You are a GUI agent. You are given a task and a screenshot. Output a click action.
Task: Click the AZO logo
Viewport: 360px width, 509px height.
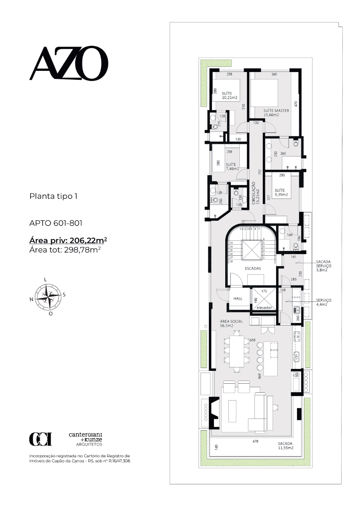tap(69, 63)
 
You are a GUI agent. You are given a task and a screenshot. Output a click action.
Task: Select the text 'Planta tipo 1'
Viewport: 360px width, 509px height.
tap(53, 196)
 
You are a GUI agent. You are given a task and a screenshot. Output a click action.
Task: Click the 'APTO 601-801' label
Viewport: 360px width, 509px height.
tap(56, 223)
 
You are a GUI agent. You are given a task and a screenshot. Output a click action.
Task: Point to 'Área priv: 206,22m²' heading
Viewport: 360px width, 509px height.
tap(68, 240)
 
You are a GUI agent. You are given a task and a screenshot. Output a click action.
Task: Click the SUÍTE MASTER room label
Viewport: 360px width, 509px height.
tap(276, 113)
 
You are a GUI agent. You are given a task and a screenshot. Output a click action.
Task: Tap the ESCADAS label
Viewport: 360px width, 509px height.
tap(253, 268)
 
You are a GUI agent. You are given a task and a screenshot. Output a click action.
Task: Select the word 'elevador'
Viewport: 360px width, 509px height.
tap(264, 308)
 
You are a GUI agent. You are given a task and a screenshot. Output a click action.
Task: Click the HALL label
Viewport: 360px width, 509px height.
tap(238, 299)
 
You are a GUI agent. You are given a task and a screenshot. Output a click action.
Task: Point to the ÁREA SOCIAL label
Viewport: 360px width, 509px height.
tap(232, 323)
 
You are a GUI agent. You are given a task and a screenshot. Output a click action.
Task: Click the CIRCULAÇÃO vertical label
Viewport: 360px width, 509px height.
tap(255, 193)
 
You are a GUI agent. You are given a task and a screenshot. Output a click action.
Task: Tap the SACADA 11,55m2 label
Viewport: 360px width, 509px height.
tap(286, 446)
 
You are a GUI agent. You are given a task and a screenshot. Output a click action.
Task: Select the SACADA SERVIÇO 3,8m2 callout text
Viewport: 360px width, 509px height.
tap(324, 266)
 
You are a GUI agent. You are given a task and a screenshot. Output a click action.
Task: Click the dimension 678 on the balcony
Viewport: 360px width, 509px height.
tap(255, 441)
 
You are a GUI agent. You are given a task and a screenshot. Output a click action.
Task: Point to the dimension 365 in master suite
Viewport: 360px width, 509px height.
tap(274, 74)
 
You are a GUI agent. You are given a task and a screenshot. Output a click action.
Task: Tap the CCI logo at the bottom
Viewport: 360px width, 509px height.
tap(40, 439)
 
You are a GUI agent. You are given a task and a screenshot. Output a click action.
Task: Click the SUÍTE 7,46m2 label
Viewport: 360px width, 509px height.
tap(232, 166)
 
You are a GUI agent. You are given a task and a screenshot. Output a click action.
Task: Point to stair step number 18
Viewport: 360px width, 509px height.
tap(231, 261)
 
